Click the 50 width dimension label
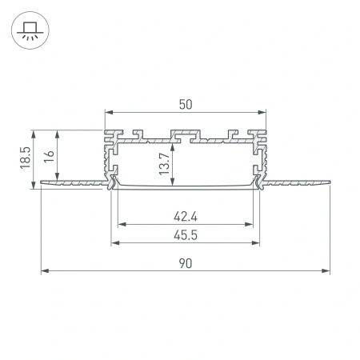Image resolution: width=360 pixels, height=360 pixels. point(186,104)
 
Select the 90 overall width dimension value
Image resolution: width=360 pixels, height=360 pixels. point(186,262)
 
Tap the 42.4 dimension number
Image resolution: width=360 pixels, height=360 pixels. point(186,214)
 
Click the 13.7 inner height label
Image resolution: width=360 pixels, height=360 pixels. point(164,162)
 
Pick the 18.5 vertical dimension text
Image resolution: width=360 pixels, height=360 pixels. point(26,156)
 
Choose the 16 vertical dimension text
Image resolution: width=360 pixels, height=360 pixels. point(50,156)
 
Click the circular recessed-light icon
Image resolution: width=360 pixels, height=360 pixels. point(29,30)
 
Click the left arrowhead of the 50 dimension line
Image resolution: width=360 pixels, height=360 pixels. point(107,112)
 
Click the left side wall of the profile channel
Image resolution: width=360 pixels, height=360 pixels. point(106,156)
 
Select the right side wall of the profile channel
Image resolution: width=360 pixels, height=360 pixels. point(266,156)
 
